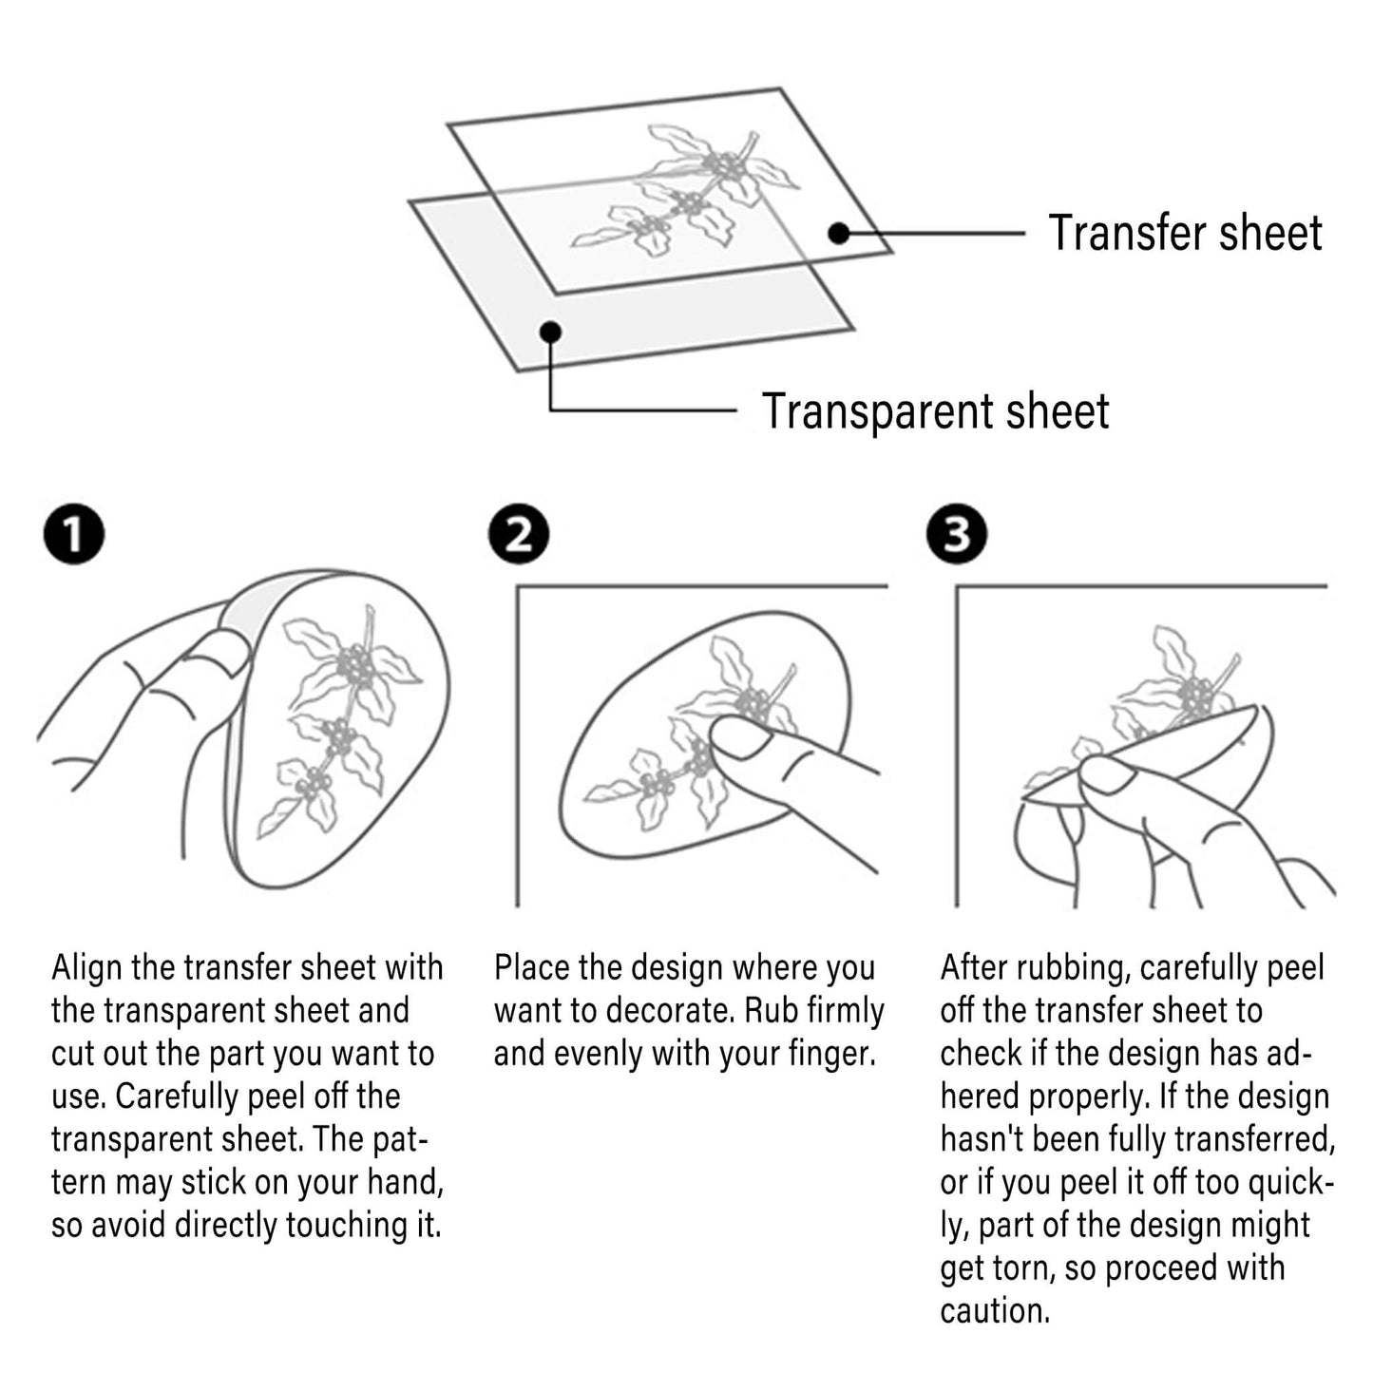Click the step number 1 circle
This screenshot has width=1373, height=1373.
click(x=74, y=534)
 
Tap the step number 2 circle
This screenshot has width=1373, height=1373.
click(x=519, y=534)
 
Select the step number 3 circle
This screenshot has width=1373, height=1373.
click(x=957, y=534)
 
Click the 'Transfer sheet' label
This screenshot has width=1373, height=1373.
click(x=1185, y=233)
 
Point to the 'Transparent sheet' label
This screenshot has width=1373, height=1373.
click(x=936, y=411)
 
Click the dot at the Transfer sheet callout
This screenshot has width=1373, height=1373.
click(x=839, y=233)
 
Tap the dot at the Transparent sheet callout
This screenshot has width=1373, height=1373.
click(x=551, y=332)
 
